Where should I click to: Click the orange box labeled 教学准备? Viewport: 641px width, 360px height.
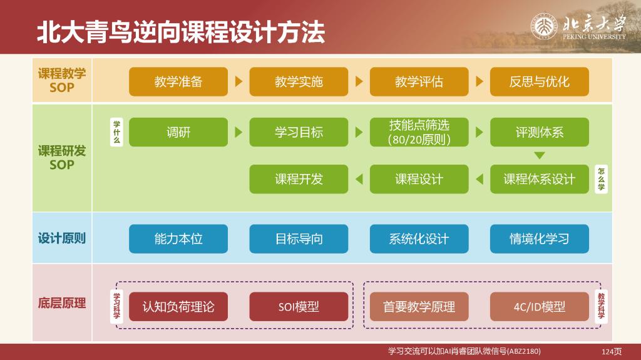pyautogui.click(x=178, y=82)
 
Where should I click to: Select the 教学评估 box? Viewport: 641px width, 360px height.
pyautogui.click(x=419, y=82)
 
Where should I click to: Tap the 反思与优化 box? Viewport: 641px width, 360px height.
pyautogui.click(x=539, y=82)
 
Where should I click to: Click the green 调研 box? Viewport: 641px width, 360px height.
pyautogui.click(x=178, y=132)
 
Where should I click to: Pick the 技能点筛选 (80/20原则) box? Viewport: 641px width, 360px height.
pyautogui.click(x=419, y=132)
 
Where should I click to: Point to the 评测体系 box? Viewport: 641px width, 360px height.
pyautogui.click(x=539, y=132)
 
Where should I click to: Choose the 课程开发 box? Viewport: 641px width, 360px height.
pyautogui.click(x=299, y=179)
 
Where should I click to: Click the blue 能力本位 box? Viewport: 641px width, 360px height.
pyautogui.click(x=178, y=239)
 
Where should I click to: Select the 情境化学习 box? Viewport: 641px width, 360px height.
pyautogui.click(x=539, y=239)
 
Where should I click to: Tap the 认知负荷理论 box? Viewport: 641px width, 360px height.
pyautogui.click(x=178, y=307)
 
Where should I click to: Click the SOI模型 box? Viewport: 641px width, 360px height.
pyautogui.click(x=299, y=307)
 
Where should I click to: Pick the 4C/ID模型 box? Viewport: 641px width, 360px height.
pyautogui.click(x=539, y=307)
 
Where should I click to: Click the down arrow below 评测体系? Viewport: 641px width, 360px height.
pyautogui.click(x=539, y=155)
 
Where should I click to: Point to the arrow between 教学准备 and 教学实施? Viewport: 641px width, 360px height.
pyautogui.click(x=238, y=81)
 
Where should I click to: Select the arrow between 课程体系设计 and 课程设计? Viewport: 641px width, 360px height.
pyautogui.click(x=479, y=179)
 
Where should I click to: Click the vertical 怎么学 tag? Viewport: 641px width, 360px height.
pyautogui.click(x=601, y=179)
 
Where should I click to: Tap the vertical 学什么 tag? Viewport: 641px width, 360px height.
pyautogui.click(x=116, y=131)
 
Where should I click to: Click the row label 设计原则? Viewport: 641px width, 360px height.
pyautogui.click(x=62, y=238)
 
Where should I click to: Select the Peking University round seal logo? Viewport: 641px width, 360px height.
pyautogui.click(x=544, y=26)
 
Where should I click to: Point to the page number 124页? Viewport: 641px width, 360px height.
pyautogui.click(x=612, y=351)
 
